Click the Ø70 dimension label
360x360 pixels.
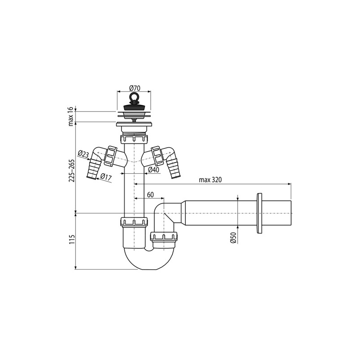(x=135, y=88)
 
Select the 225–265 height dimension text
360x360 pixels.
(x=71, y=171)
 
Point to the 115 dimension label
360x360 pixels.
(x=71, y=239)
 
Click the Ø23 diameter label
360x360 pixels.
(x=83, y=153)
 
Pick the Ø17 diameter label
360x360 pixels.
(x=106, y=177)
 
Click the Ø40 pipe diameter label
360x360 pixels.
(x=153, y=170)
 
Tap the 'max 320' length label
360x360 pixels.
(x=210, y=180)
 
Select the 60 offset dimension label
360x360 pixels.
(x=150, y=195)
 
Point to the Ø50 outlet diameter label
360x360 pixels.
(x=234, y=238)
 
